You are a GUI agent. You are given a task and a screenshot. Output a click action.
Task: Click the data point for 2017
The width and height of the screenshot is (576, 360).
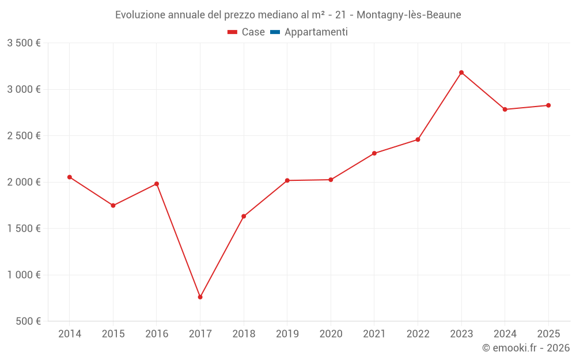point(200,297)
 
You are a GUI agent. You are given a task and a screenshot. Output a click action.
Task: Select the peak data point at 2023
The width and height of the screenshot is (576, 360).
point(461,73)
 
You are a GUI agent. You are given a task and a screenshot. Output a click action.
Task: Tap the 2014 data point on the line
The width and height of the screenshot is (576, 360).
point(70,177)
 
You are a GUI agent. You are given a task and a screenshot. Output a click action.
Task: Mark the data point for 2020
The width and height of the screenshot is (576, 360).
point(331,180)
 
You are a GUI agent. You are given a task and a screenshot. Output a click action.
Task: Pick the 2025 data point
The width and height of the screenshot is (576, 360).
point(548,105)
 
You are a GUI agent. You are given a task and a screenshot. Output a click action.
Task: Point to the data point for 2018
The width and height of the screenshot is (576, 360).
point(244,216)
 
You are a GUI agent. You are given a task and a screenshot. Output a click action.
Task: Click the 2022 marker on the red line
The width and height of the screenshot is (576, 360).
point(418,139)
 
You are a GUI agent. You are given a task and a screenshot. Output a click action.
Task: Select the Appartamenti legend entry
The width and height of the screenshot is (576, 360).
point(316,32)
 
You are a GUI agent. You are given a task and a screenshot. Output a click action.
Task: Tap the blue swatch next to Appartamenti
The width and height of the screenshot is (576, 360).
point(275,32)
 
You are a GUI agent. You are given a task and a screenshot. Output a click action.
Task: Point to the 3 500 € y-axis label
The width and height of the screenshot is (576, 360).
point(24,43)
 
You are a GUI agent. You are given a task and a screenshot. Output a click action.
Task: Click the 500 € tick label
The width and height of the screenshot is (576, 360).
point(28,321)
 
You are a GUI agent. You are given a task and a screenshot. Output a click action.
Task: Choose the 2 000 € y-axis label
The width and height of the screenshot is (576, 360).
point(24,182)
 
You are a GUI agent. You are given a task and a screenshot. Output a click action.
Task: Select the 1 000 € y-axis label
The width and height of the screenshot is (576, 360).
point(24,275)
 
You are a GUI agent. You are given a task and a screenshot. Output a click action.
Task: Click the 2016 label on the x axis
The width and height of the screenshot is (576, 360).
point(157,334)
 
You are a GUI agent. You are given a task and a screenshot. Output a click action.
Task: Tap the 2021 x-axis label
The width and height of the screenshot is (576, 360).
point(374,334)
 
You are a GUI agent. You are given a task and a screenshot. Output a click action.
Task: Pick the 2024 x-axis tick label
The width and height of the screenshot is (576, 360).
point(505,334)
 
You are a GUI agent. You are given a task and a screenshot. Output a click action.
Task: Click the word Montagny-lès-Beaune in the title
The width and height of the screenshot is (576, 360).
point(409,15)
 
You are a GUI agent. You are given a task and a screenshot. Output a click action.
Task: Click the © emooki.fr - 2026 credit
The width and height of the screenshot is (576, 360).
point(526,348)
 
